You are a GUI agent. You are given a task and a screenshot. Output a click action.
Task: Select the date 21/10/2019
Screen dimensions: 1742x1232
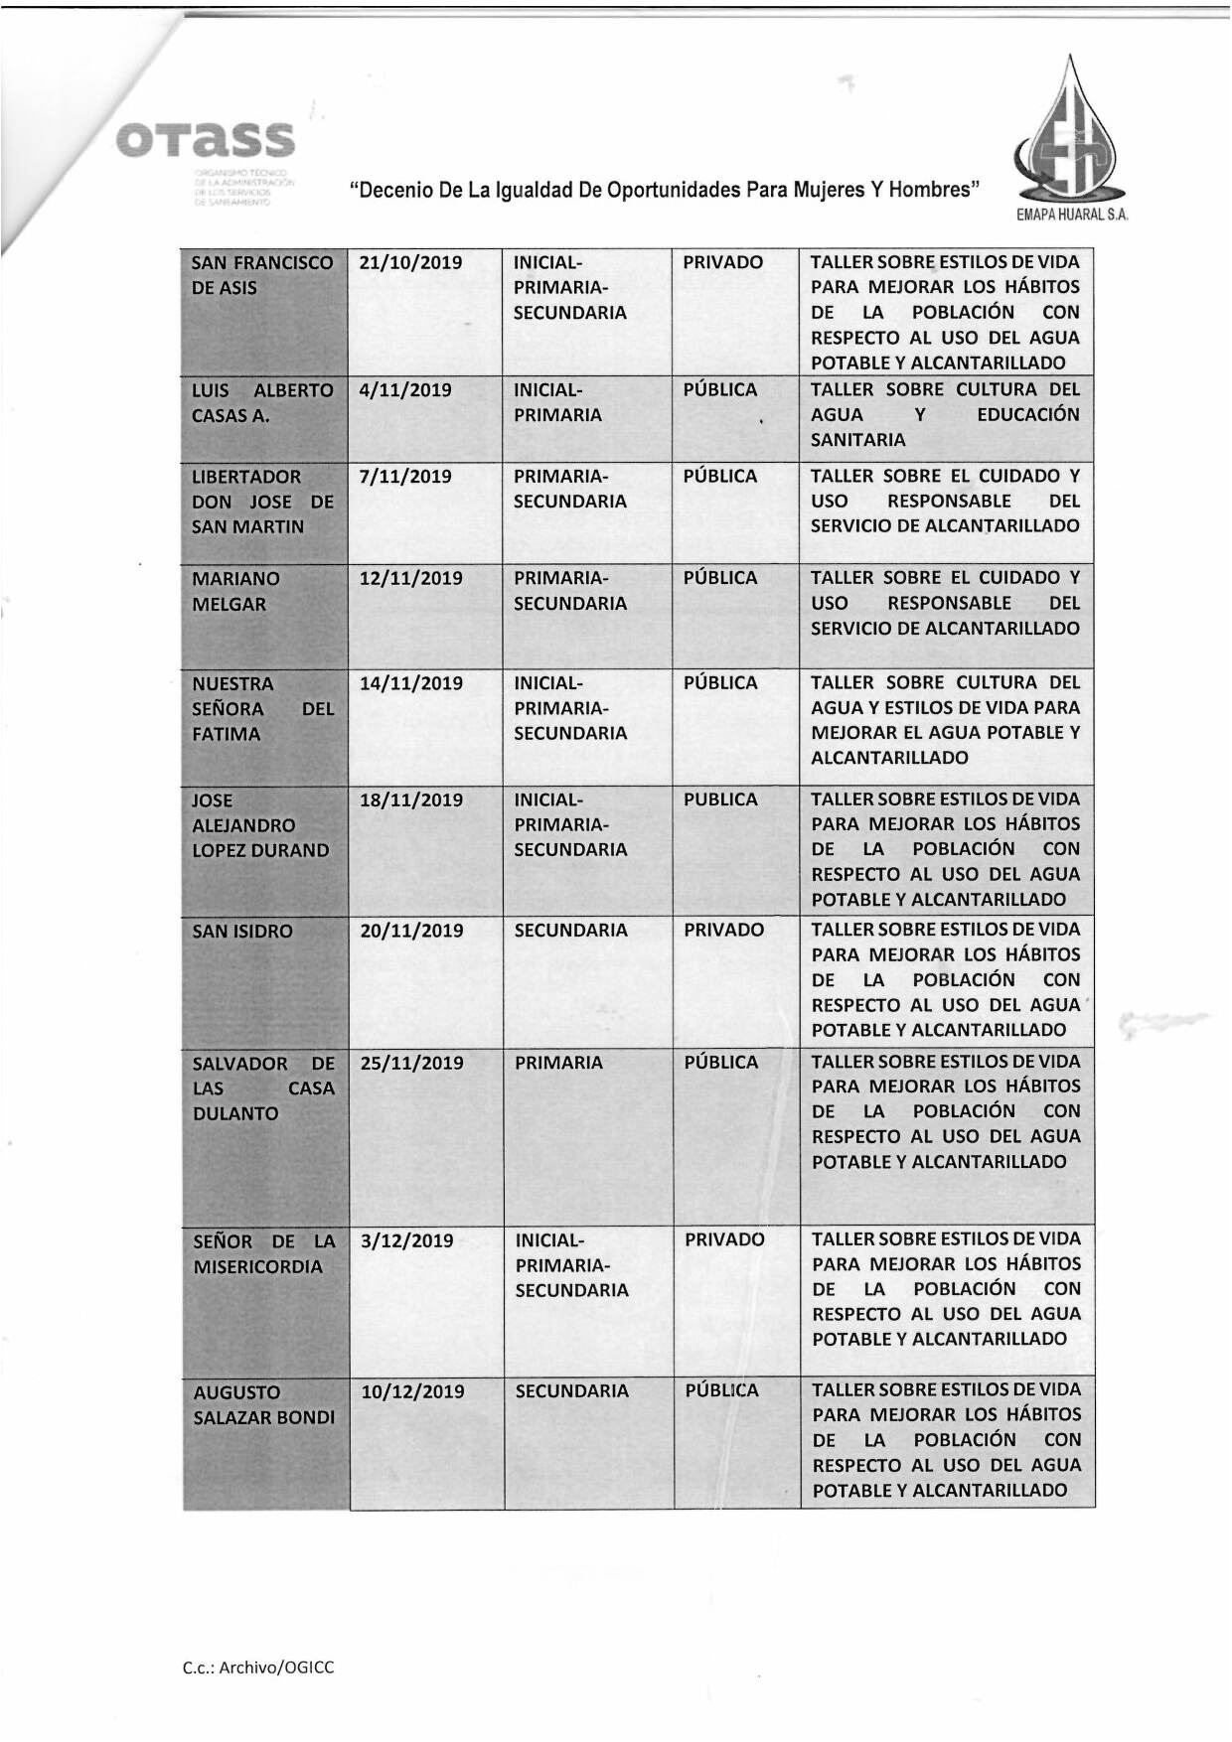click(x=411, y=263)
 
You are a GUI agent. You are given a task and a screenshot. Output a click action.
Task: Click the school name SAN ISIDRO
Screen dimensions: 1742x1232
click(x=242, y=932)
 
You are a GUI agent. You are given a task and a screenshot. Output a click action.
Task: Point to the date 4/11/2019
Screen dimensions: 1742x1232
click(x=405, y=390)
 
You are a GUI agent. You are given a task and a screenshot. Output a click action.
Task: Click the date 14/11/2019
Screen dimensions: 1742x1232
click(x=411, y=683)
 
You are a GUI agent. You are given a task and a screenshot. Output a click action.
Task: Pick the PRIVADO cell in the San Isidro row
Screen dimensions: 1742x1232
click(x=723, y=931)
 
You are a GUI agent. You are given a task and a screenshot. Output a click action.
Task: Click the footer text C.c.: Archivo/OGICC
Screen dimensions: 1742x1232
click(x=258, y=1668)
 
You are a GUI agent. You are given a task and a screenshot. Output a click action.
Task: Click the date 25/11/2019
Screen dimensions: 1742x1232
click(x=411, y=1063)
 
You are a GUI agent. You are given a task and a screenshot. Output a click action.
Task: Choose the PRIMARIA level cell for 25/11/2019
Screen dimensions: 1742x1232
click(x=558, y=1063)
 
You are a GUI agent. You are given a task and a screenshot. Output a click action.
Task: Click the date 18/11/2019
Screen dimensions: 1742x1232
click(x=411, y=799)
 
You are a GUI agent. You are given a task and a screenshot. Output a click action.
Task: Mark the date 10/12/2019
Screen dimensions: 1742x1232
click(x=411, y=1391)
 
